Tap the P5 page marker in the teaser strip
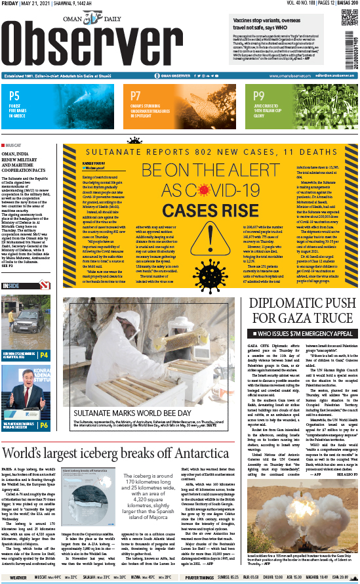pyautogui.click(x=14, y=96)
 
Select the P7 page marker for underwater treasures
pyautogui.click(x=136, y=95)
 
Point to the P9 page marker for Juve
pyautogui.click(x=259, y=96)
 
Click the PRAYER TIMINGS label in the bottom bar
pyautogui.click(x=199, y=577)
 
